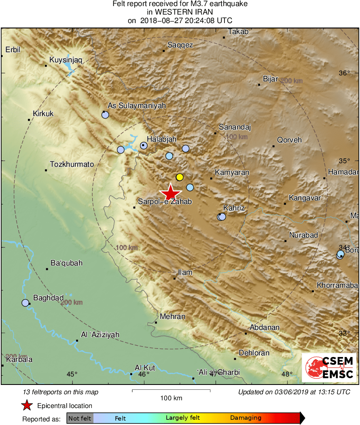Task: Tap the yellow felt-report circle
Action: pos(180,177)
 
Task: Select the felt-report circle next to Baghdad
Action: pos(25,303)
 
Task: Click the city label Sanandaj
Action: pos(235,127)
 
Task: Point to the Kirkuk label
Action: pos(43,114)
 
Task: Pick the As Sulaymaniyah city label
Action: pos(136,106)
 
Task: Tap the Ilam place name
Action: pos(185,272)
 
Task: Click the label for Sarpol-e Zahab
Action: pos(165,202)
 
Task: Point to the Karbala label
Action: pos(19,359)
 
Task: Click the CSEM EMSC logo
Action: pos(329,368)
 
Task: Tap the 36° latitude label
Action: pos(344,73)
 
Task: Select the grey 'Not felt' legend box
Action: pos(80,418)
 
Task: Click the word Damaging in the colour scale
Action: pos(246,418)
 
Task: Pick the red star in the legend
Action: pos(27,405)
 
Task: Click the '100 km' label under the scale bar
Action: pos(171,398)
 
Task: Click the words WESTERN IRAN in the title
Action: pos(180,12)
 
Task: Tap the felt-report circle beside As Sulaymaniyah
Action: pos(105,115)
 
